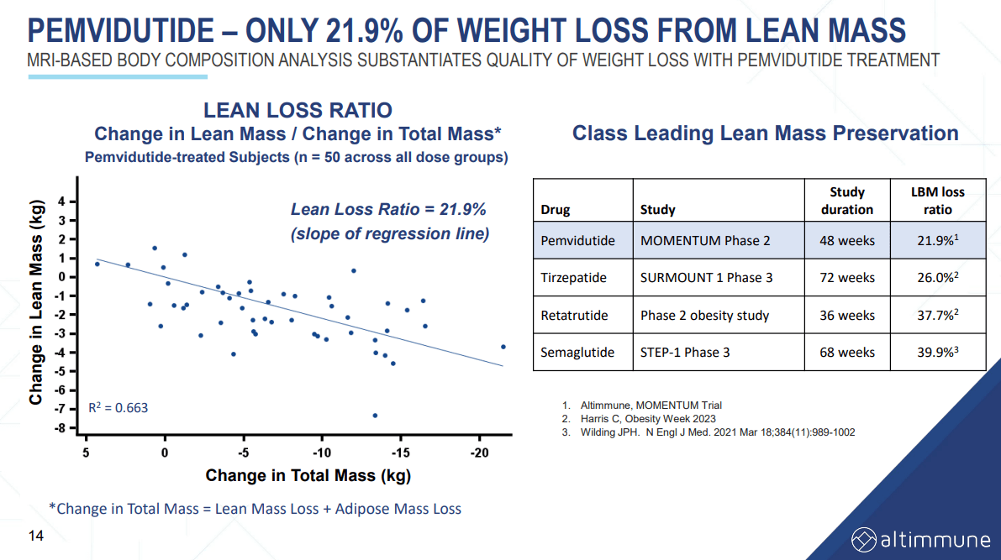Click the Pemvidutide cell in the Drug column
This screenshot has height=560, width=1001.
pyautogui.click(x=577, y=241)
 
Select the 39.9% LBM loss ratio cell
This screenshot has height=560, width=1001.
pyautogui.click(x=938, y=353)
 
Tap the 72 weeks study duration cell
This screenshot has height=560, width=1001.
pyautogui.click(x=846, y=278)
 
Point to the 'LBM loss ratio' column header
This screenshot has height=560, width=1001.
pyautogui.click(x=938, y=201)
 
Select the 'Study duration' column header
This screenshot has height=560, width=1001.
pyautogui.click(x=846, y=201)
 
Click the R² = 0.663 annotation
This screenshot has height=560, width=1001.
pyautogui.click(x=119, y=408)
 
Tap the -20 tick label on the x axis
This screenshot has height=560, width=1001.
pyautogui.click(x=479, y=453)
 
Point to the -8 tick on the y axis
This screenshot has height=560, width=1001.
pyautogui.click(x=61, y=428)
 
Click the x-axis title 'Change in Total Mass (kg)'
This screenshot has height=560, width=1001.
pyautogui.click(x=308, y=477)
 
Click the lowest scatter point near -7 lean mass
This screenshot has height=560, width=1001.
pyautogui.click(x=375, y=416)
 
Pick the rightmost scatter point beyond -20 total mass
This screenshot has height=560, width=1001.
pyautogui.click(x=503, y=347)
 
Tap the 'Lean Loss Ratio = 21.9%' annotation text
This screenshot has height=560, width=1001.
pyautogui.click(x=388, y=210)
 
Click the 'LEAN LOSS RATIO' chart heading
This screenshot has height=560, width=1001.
pyautogui.click(x=298, y=110)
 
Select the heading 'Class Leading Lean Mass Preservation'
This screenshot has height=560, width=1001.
pyautogui.click(x=765, y=133)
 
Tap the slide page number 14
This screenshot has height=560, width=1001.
pyautogui.click(x=36, y=536)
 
